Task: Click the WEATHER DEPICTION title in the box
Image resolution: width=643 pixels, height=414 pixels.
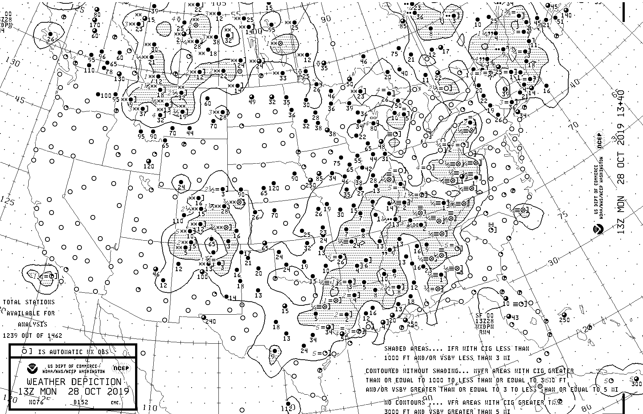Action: point(74,382)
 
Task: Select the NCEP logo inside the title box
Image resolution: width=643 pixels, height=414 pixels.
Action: point(121,368)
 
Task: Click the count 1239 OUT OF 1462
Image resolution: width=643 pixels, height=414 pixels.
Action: point(32,336)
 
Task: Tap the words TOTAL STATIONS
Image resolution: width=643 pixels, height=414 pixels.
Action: point(29,302)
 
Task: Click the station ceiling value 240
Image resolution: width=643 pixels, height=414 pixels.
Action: point(210,322)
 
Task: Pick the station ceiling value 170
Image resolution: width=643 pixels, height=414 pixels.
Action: point(95,25)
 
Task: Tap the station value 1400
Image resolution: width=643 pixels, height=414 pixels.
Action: point(254,32)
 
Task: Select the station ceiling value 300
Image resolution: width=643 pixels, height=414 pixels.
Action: point(637,384)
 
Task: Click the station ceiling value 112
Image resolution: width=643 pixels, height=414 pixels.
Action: point(287,409)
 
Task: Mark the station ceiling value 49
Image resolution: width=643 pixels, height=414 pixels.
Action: point(252,102)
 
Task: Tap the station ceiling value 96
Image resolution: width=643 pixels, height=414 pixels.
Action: point(102,57)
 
